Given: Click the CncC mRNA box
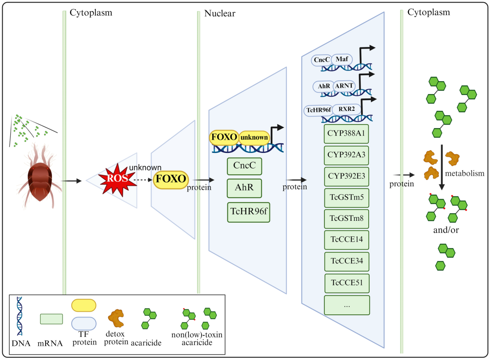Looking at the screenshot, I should coord(245,166).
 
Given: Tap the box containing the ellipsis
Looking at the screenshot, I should coord(347,305).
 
